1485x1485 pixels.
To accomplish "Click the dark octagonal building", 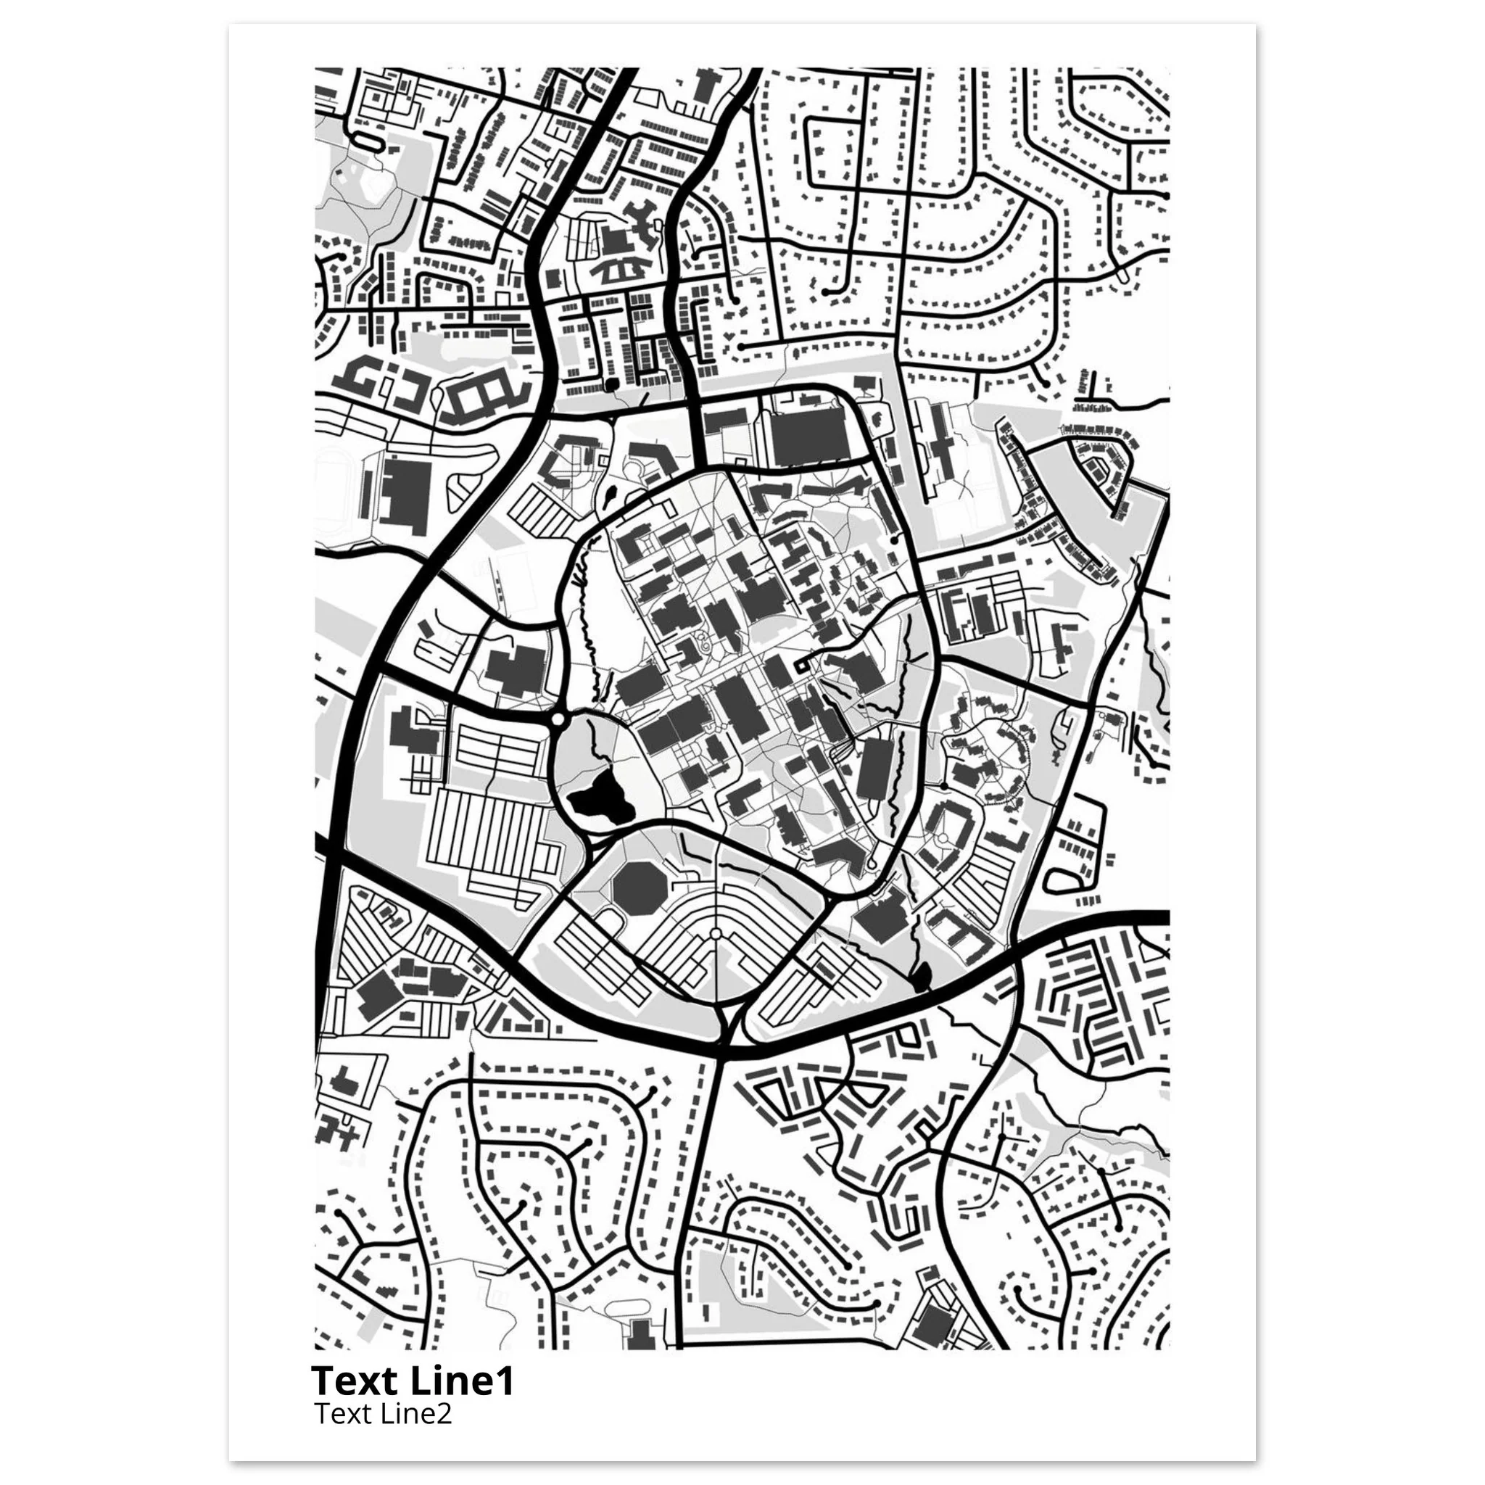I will pyautogui.click(x=638, y=889).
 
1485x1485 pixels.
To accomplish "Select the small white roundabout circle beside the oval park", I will pyautogui.click(x=559, y=719).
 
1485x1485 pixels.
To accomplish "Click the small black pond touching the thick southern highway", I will pyautogui.click(x=920, y=977).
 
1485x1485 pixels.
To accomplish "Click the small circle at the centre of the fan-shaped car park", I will pyautogui.click(x=716, y=933).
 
